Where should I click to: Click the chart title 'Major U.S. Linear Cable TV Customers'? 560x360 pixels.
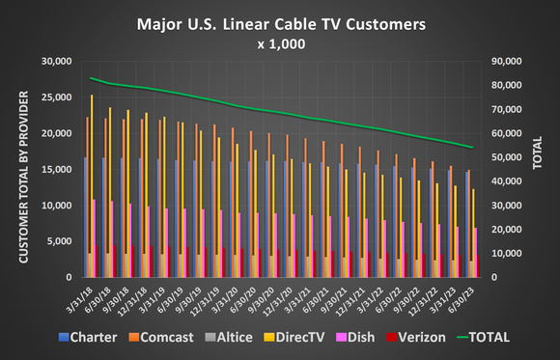tap(279, 21)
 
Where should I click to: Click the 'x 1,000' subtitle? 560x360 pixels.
tap(280, 43)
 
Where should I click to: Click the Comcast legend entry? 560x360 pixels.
tap(164, 338)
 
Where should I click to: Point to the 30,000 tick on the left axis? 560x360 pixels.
tap(59, 61)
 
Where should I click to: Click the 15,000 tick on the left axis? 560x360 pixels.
tap(59, 169)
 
